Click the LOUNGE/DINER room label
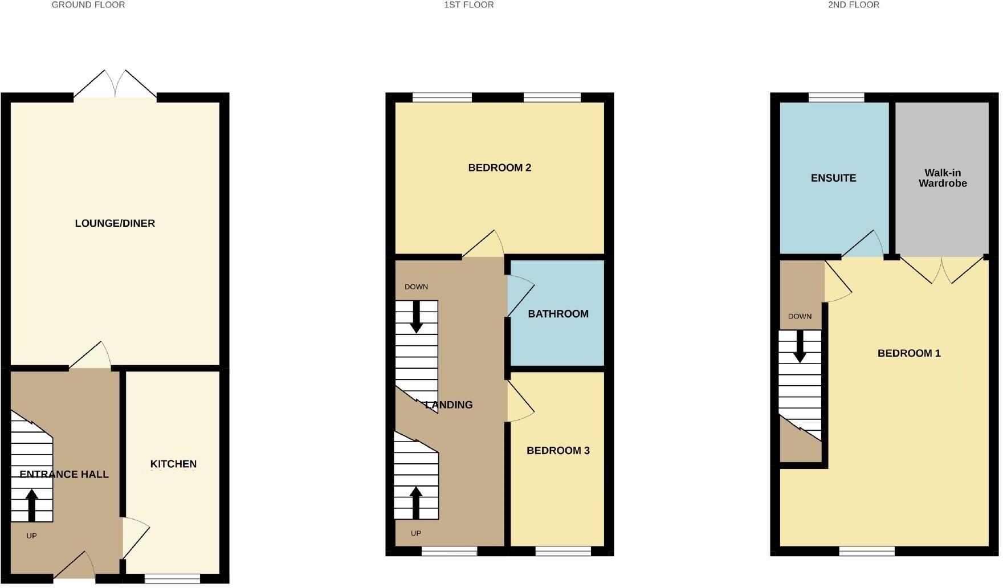115,223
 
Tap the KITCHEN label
173,464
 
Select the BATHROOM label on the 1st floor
558,314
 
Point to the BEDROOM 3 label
558,451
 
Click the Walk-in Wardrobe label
943,178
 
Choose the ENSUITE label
833,178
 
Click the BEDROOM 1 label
909,353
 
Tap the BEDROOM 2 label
499,168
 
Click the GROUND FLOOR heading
88,5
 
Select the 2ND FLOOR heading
853,5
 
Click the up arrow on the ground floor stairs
31,505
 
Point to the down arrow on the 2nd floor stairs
800,346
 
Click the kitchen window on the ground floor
172,579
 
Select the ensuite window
836,97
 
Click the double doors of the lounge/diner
115,85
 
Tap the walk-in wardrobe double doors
942,270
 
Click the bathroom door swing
520,295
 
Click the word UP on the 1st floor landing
416,533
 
